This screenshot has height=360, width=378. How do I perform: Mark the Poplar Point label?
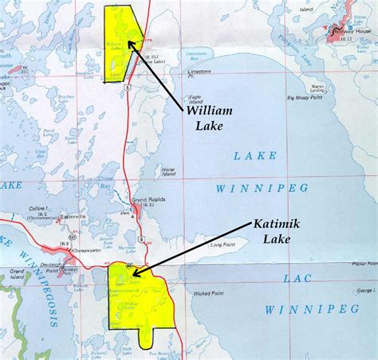[x=363, y=263]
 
